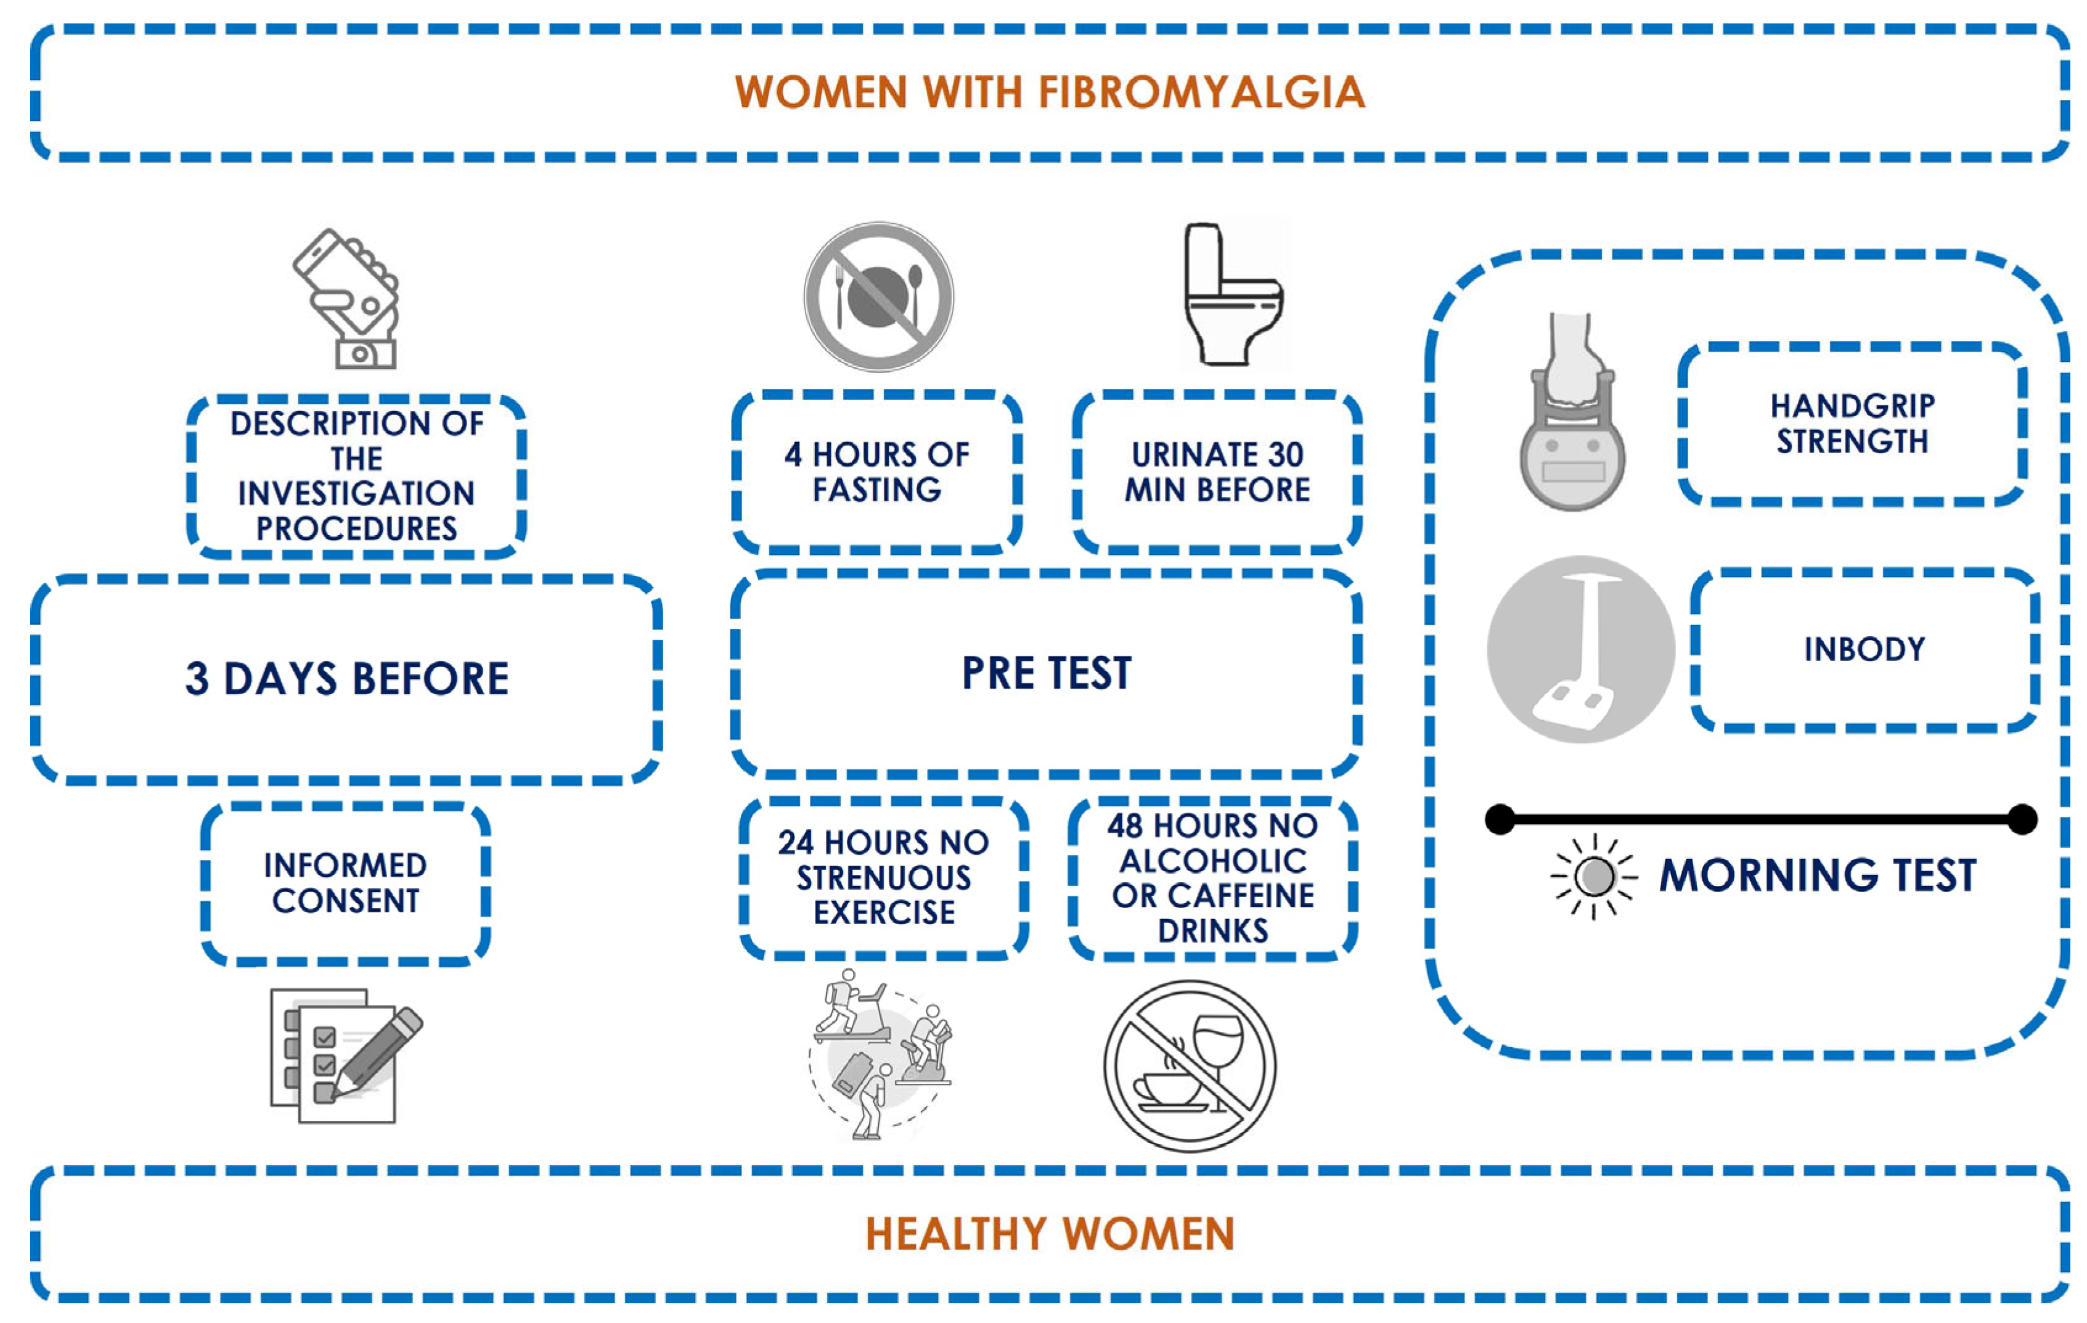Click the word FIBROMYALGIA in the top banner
[x=1201, y=92]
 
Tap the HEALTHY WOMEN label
[x=1050, y=1234]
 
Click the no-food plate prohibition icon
[x=879, y=297]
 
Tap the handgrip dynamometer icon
[x=1571, y=414]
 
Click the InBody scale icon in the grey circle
[x=1581, y=649]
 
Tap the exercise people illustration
[x=879, y=1054]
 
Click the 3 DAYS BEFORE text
[x=346, y=678]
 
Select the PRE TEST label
[x=1046, y=673]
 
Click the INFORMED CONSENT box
[x=346, y=883]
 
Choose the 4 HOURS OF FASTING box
[x=877, y=472]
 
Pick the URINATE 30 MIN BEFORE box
[x=1217, y=472]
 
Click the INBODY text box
[x=1864, y=649]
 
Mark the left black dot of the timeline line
[x=1500, y=819]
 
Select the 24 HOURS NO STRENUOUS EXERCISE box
[x=884, y=877]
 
